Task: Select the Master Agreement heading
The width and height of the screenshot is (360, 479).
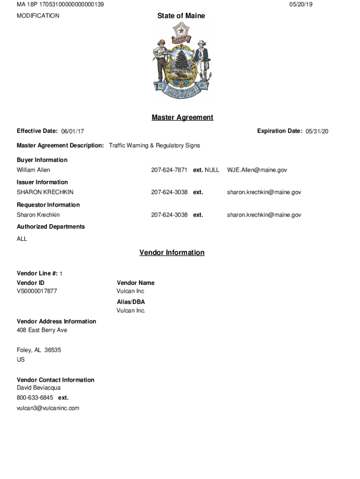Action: tap(182, 117)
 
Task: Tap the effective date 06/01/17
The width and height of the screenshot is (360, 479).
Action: tap(72, 131)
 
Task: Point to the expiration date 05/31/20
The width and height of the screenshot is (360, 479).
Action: tap(317, 131)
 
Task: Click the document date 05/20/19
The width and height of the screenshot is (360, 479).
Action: tap(301, 4)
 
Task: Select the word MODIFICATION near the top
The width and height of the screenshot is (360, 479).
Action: tap(38, 16)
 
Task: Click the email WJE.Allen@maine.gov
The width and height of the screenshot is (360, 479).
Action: tap(257, 170)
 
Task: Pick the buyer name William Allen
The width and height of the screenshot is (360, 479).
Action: tap(33, 170)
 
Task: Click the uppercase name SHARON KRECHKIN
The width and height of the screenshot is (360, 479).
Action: tap(45, 192)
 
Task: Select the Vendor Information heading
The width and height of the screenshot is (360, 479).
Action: tap(172, 253)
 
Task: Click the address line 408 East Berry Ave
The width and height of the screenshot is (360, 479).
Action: tap(42, 330)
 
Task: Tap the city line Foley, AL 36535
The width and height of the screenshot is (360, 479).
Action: tap(39, 350)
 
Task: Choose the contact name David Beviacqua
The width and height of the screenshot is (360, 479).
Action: tap(39, 388)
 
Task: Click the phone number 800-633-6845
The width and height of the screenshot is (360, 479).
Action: tap(35, 398)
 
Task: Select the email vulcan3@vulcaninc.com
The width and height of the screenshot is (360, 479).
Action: tap(48, 408)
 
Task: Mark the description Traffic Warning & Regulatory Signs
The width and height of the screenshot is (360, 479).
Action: tap(154, 145)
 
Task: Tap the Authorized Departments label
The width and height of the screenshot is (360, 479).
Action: tap(51, 227)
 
